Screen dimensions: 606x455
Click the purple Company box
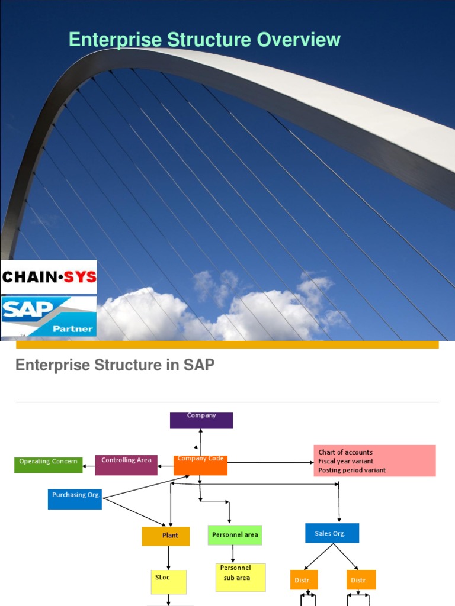[201, 420]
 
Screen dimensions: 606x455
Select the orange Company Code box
[200, 465]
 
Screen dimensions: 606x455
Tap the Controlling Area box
[126, 465]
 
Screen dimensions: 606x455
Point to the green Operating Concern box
[49, 465]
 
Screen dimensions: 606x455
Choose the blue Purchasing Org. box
[75, 499]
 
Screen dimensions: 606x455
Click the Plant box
[165, 536]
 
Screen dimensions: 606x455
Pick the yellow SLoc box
[168, 582]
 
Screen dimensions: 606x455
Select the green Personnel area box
[235, 535]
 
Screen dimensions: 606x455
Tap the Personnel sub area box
[240, 577]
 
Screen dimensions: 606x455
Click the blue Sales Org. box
[332, 533]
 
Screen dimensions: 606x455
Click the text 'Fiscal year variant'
[346, 461]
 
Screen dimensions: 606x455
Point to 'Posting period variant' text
[352, 470]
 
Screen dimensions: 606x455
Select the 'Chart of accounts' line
[345, 452]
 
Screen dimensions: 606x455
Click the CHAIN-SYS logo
[49, 277]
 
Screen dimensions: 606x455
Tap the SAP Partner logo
[49, 317]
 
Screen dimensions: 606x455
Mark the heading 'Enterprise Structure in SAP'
[115, 365]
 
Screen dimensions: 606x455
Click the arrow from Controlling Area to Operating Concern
[89, 466]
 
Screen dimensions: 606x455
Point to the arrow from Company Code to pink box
[270, 462]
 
